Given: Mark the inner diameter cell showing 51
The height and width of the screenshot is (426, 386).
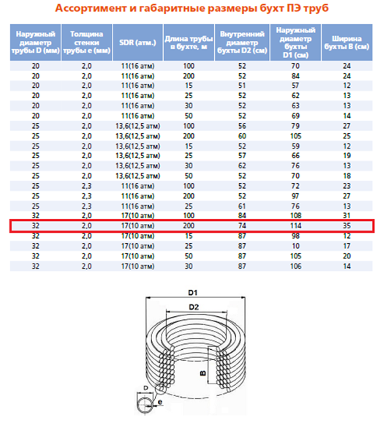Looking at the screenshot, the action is pos(241,85).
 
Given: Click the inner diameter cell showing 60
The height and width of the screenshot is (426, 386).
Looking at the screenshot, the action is pos(241,136).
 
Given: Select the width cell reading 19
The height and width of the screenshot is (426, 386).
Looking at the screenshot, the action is pos(347,156).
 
